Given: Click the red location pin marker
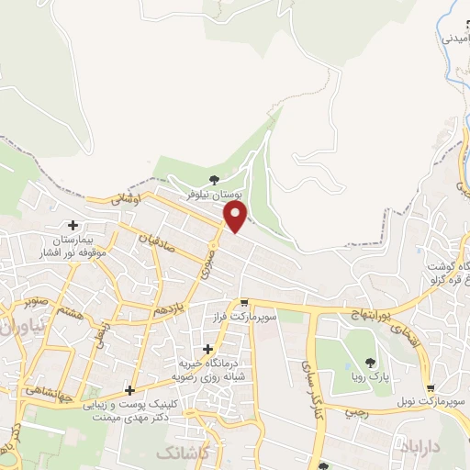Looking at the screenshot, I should coord(237,217).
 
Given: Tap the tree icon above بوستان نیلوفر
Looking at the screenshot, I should coord(214,181).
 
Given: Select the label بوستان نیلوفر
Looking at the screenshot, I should coord(212,196).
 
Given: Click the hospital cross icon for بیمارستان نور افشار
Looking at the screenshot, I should coord(73,225).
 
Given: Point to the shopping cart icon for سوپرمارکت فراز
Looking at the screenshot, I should coord(243,303).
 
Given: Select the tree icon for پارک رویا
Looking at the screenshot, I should coord(370,363).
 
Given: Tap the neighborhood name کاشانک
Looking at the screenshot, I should coord(183,453).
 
